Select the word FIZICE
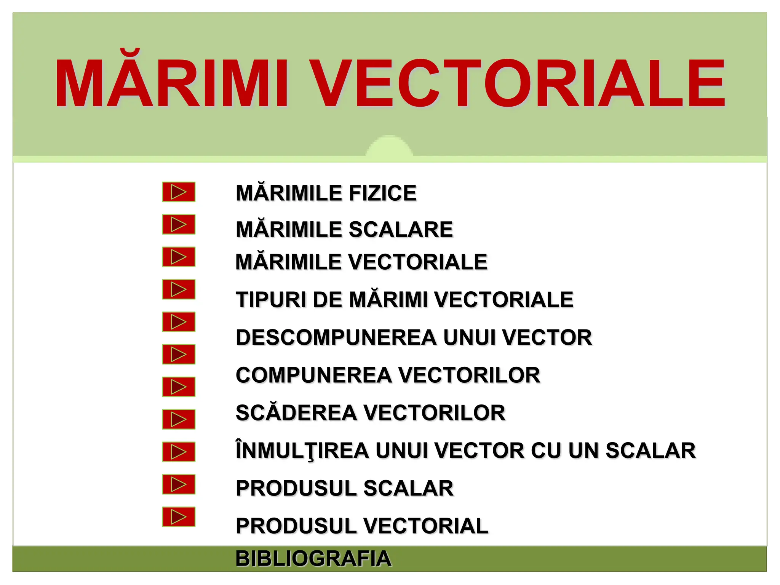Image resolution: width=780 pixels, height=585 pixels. coord(382,193)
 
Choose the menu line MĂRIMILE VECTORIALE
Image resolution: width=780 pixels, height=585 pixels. coord(361,262)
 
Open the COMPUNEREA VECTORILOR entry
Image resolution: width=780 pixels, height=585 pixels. coord(388,375)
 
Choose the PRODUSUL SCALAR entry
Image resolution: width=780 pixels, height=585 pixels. coord(344,488)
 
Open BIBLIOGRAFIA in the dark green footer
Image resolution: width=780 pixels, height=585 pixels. coord(313,559)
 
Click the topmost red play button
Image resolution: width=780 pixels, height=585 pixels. coord(179,192)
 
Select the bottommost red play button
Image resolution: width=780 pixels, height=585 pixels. coord(179,517)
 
